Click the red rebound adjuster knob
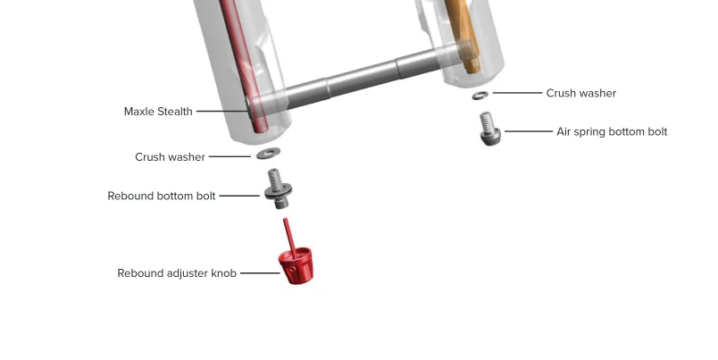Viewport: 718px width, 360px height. [x=296, y=265]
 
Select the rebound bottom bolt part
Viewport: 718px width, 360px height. [x=278, y=188]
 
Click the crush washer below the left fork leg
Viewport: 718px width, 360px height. [x=268, y=153]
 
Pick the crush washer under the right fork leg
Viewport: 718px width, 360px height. [x=480, y=96]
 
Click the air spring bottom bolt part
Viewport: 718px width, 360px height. [x=489, y=129]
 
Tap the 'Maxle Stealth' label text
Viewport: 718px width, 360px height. [x=158, y=112]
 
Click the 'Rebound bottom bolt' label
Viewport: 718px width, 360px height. [x=161, y=196]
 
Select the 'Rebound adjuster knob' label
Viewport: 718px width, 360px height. [x=177, y=273]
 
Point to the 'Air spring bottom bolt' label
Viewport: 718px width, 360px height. [x=612, y=132]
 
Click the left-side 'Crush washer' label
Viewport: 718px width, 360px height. [x=170, y=156]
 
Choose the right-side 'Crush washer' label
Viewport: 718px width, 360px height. [x=581, y=93]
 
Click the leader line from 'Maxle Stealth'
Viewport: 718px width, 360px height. [x=222, y=111]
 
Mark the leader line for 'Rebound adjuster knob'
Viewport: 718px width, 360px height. [x=260, y=273]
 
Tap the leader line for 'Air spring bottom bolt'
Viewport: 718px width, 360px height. [x=529, y=131]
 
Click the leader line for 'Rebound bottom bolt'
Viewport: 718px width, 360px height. [x=239, y=196]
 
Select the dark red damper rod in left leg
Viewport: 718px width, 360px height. [x=243, y=64]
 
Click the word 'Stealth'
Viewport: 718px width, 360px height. [x=175, y=112]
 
